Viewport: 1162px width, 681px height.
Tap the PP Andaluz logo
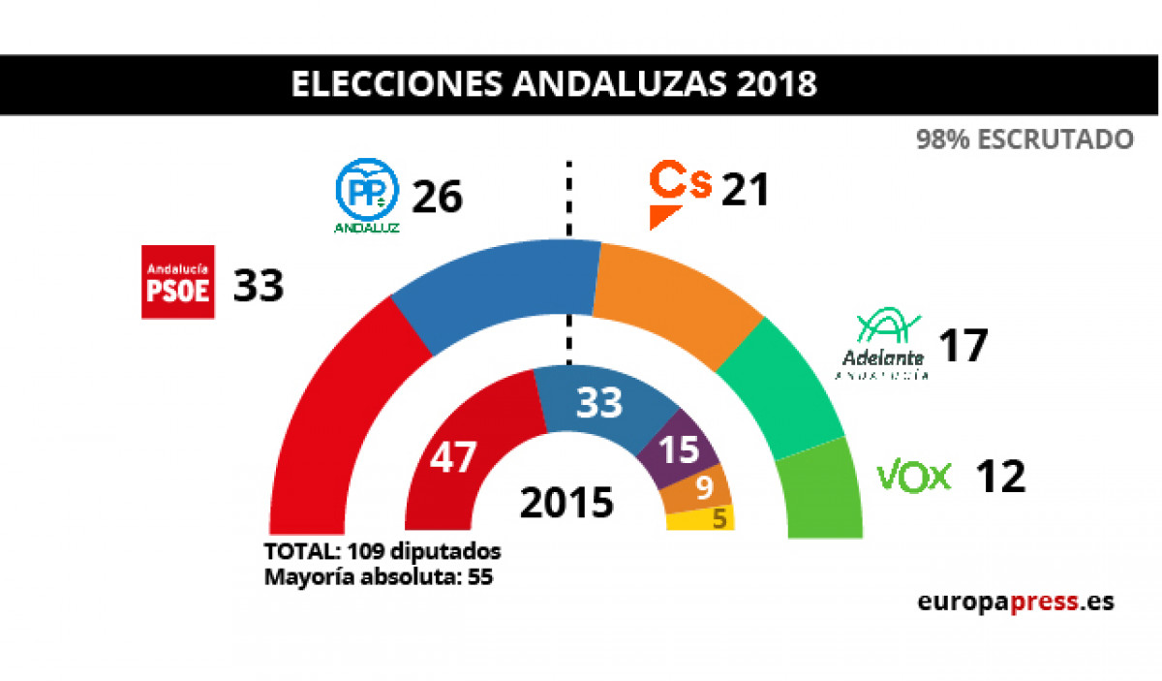tap(367, 197)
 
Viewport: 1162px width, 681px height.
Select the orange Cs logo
tap(679, 193)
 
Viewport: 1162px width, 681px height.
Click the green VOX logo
tap(914, 477)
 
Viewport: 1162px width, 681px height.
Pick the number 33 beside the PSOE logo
tap(258, 286)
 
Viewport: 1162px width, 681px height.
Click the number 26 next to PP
tap(438, 198)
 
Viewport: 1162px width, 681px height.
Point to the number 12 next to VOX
tap(999, 477)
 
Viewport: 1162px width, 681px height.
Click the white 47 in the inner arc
tap(453, 457)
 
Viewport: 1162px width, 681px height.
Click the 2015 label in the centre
tap(566, 503)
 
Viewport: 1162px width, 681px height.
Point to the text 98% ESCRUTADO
tap(1024, 139)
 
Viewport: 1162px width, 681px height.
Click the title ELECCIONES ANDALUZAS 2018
tap(554, 84)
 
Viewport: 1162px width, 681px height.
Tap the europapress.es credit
tap(1016, 602)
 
